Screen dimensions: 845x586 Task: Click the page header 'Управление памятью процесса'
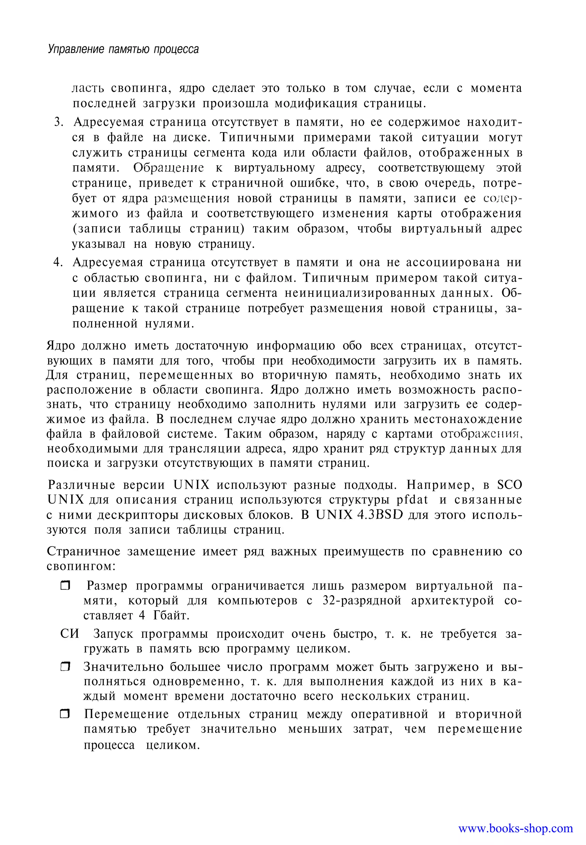point(123,49)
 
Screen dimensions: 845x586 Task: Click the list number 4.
point(58,263)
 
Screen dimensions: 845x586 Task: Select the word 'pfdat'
point(412,500)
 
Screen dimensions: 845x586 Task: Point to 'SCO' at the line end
point(509,485)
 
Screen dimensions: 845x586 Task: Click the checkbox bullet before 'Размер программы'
point(65,586)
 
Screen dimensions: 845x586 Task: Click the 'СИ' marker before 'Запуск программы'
point(70,634)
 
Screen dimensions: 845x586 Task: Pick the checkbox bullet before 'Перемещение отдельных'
point(65,714)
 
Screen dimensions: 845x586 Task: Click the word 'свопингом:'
point(82,566)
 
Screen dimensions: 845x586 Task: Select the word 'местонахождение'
point(468,419)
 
